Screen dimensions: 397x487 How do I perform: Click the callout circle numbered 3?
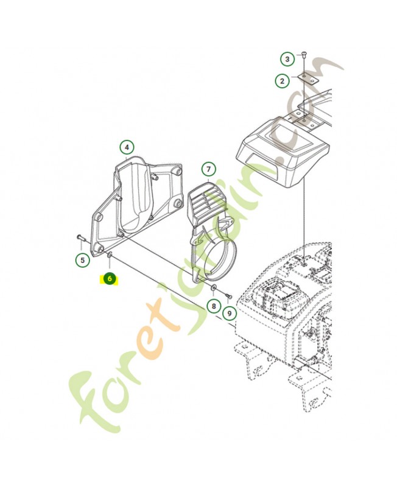click(x=287, y=58)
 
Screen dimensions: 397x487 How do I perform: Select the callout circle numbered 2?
click(x=282, y=81)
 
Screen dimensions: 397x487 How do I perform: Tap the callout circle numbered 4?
click(x=127, y=147)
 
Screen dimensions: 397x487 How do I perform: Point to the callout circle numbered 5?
click(x=82, y=260)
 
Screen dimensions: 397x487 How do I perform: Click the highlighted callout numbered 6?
click(x=110, y=279)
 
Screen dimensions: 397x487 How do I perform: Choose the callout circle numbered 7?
click(x=208, y=169)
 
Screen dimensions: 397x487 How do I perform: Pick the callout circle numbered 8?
click(x=214, y=307)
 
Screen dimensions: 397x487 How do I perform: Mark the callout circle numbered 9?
click(x=230, y=314)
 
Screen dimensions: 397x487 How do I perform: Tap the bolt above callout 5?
click(x=80, y=238)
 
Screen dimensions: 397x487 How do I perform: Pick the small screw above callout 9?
click(x=228, y=295)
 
